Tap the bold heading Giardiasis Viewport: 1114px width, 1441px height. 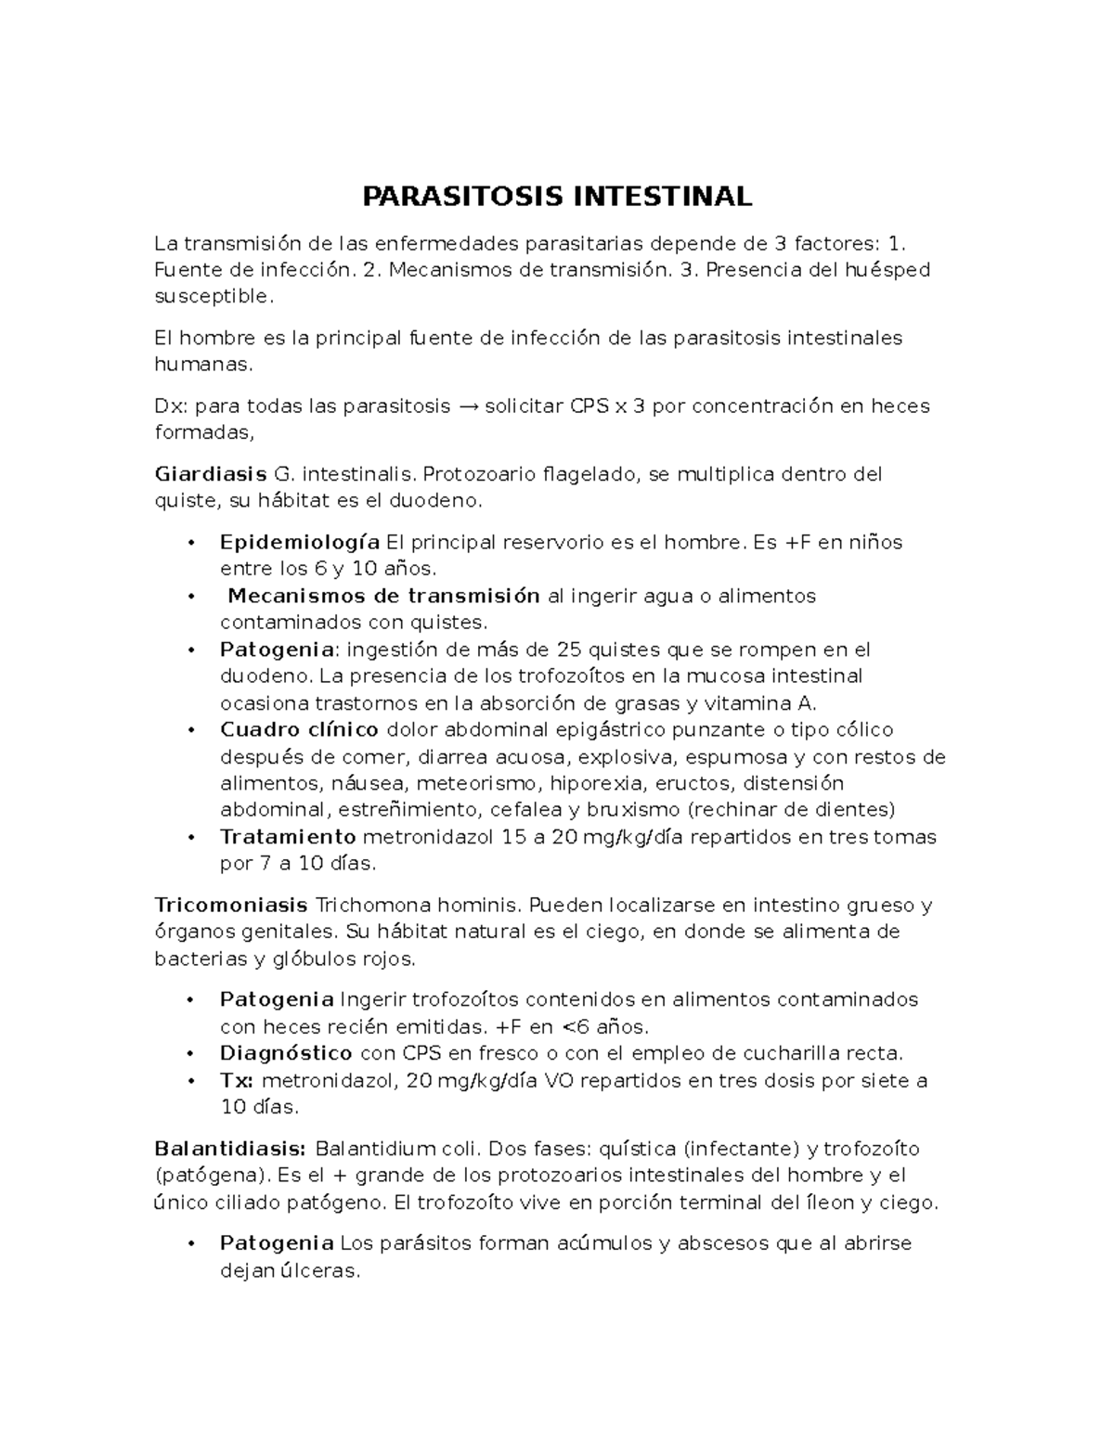tap(210, 475)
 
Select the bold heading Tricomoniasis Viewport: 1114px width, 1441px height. tap(230, 905)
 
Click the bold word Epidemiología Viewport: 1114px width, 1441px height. tap(299, 542)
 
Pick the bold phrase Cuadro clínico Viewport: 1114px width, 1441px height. tap(299, 730)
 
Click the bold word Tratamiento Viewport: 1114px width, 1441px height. tap(288, 837)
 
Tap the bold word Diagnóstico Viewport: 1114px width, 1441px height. tap(286, 1053)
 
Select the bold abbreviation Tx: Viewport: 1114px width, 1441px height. tap(238, 1080)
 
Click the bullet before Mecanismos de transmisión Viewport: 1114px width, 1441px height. tap(190, 597)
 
